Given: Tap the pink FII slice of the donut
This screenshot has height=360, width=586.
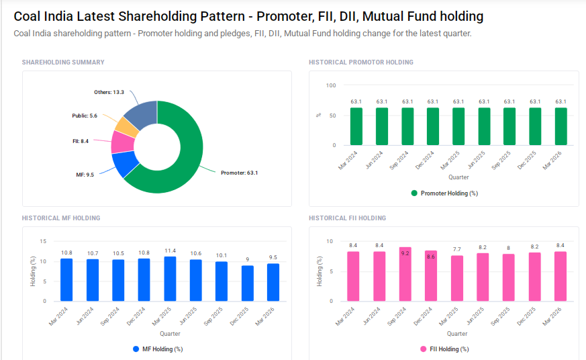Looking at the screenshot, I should coord(121,142).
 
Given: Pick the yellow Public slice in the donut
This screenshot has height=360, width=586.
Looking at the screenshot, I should coord(126,125).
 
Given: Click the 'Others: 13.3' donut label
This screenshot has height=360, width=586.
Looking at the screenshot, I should coord(109,92).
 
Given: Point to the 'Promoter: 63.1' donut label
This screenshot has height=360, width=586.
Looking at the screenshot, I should coord(239,173).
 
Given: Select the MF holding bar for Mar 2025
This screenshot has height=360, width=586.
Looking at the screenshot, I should coord(170,279).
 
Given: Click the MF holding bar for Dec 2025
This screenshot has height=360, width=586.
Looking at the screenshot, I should coord(248,283).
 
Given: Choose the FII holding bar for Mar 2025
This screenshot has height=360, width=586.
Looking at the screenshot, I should coord(456,278).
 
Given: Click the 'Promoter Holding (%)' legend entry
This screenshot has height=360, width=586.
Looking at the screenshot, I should coord(444,193).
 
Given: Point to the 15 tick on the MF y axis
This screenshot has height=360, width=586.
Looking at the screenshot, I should coord(43,241).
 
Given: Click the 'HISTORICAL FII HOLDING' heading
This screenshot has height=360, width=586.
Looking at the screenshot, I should coord(347,218).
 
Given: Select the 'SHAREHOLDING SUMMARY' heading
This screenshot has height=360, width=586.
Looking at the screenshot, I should coord(63,62).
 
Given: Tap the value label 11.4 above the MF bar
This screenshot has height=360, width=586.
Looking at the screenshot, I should coord(170,251).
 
